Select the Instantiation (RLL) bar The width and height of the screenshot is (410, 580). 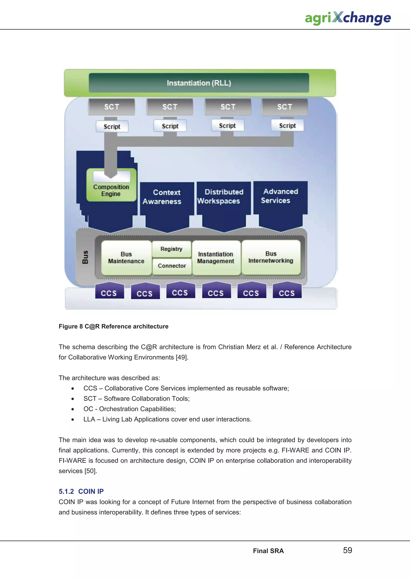[x=199, y=83]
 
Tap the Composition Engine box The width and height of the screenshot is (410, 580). [x=111, y=190]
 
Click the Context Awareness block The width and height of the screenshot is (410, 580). [x=167, y=197]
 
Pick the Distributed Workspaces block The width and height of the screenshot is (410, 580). [x=224, y=196]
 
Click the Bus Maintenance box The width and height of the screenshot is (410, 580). [x=126, y=258]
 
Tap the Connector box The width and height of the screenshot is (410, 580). [x=172, y=266]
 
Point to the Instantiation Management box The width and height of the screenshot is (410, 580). [x=216, y=258]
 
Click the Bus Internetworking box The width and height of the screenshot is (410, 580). [x=271, y=257]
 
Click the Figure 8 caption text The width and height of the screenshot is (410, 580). [x=114, y=326]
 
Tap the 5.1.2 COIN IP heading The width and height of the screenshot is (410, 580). [x=81, y=491]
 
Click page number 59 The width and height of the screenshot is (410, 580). [x=347, y=550]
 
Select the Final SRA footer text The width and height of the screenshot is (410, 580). [x=268, y=551]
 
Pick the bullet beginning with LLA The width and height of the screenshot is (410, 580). [x=167, y=419]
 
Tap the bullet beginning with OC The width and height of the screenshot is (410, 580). [x=130, y=409]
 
